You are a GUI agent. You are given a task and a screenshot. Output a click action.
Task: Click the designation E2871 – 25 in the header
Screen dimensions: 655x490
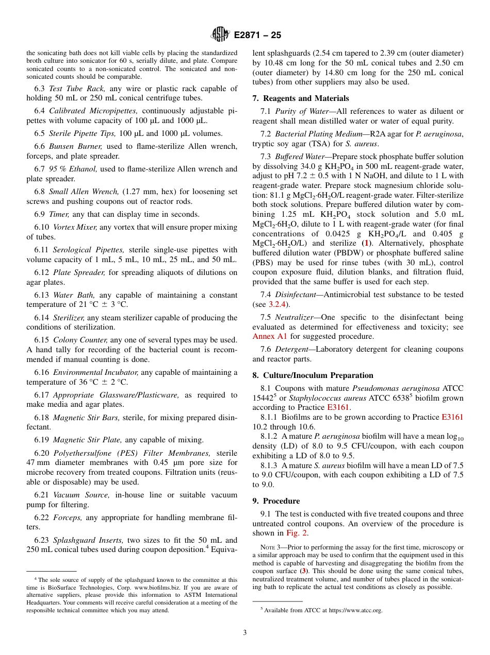pos(257,36)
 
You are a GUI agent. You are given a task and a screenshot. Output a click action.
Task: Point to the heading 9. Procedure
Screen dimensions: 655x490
pos(276,501)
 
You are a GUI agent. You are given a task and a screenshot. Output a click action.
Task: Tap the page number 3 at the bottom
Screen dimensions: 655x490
pos(245,633)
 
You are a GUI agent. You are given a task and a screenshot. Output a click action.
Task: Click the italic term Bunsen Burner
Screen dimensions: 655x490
pos(75,146)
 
